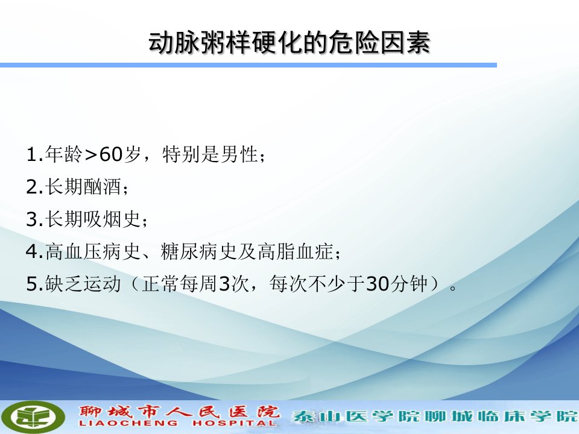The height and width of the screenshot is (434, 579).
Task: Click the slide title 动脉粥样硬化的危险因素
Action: click(x=289, y=42)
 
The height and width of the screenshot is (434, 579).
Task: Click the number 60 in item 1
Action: click(x=111, y=154)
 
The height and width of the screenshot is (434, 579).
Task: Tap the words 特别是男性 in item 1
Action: click(x=210, y=154)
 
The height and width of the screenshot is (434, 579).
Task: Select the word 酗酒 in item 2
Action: click(x=103, y=186)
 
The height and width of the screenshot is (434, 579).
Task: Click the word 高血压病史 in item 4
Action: click(x=93, y=251)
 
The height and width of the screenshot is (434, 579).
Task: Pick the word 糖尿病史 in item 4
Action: click(x=198, y=251)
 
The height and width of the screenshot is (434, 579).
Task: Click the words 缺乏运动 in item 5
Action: click(x=83, y=284)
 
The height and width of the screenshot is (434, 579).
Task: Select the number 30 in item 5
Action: click(x=378, y=284)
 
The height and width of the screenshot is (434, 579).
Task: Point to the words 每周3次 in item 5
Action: click(x=215, y=284)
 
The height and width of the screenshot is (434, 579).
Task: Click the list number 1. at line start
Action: click(x=35, y=154)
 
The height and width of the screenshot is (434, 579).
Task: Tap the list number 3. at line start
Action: click(x=35, y=219)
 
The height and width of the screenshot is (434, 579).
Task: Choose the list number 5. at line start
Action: click(x=35, y=284)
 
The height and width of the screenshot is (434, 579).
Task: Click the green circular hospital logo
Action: click(x=36, y=417)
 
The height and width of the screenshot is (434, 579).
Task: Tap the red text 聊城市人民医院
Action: click(x=180, y=412)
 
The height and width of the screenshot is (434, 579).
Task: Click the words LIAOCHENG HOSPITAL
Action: click(x=177, y=423)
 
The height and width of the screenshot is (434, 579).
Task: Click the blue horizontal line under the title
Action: click(x=248, y=65)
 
